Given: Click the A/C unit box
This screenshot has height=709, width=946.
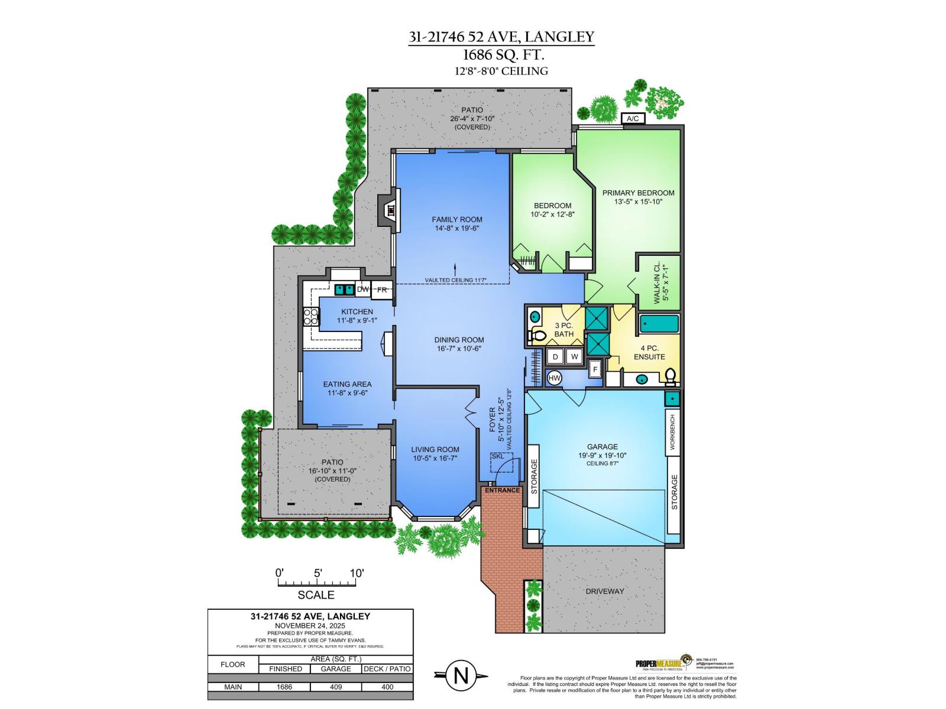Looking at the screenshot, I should pos(633,119).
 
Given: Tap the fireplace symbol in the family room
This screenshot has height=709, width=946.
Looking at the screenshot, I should pos(390,210).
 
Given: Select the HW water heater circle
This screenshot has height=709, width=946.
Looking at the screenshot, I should pos(555,378).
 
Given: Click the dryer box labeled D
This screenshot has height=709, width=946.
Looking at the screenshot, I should pos(556,356).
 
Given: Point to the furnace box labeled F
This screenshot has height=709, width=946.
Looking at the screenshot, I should pos(596,370).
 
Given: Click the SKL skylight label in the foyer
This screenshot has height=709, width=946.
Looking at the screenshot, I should pos(498,456).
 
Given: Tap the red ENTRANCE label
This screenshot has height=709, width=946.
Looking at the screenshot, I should pos(502,490).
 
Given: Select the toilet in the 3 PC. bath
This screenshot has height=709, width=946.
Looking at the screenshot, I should pos(537,336).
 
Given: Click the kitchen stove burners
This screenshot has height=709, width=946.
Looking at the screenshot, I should pos(311,317).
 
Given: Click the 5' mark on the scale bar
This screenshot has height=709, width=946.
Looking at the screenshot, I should pos(318,574).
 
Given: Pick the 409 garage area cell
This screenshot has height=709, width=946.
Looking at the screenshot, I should pos(336,687).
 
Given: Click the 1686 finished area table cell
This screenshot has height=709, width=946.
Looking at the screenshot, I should pos(285,687).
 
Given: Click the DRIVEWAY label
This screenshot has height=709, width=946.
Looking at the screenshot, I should pos(605,591).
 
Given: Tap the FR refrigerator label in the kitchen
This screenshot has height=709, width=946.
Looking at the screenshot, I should pos(382,290).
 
